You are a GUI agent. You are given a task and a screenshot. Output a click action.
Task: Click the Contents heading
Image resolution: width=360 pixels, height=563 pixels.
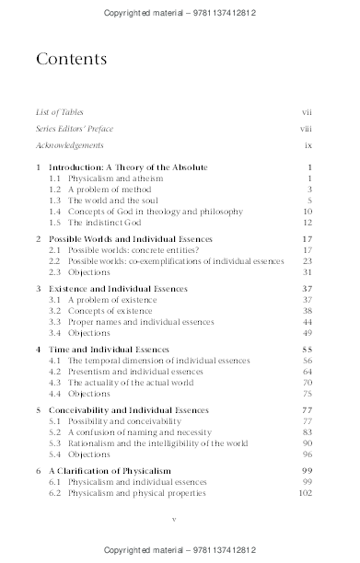70,60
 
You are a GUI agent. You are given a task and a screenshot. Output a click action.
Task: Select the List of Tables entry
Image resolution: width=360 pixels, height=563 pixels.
58,112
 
